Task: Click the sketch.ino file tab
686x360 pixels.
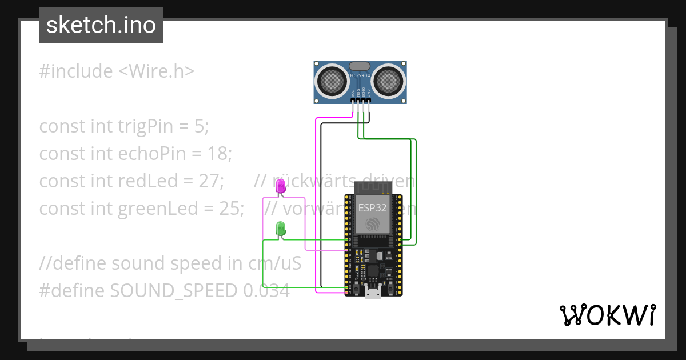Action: click(x=101, y=25)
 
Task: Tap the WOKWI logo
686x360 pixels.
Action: click(x=607, y=315)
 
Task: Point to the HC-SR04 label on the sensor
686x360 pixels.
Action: click(x=360, y=75)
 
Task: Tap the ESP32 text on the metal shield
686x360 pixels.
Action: click(x=373, y=208)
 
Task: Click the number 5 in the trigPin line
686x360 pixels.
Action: click(x=198, y=126)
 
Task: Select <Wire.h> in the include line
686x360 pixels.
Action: click(x=156, y=71)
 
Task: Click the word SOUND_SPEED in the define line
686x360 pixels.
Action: click(x=173, y=290)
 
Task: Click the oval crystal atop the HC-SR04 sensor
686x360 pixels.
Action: click(x=360, y=67)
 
